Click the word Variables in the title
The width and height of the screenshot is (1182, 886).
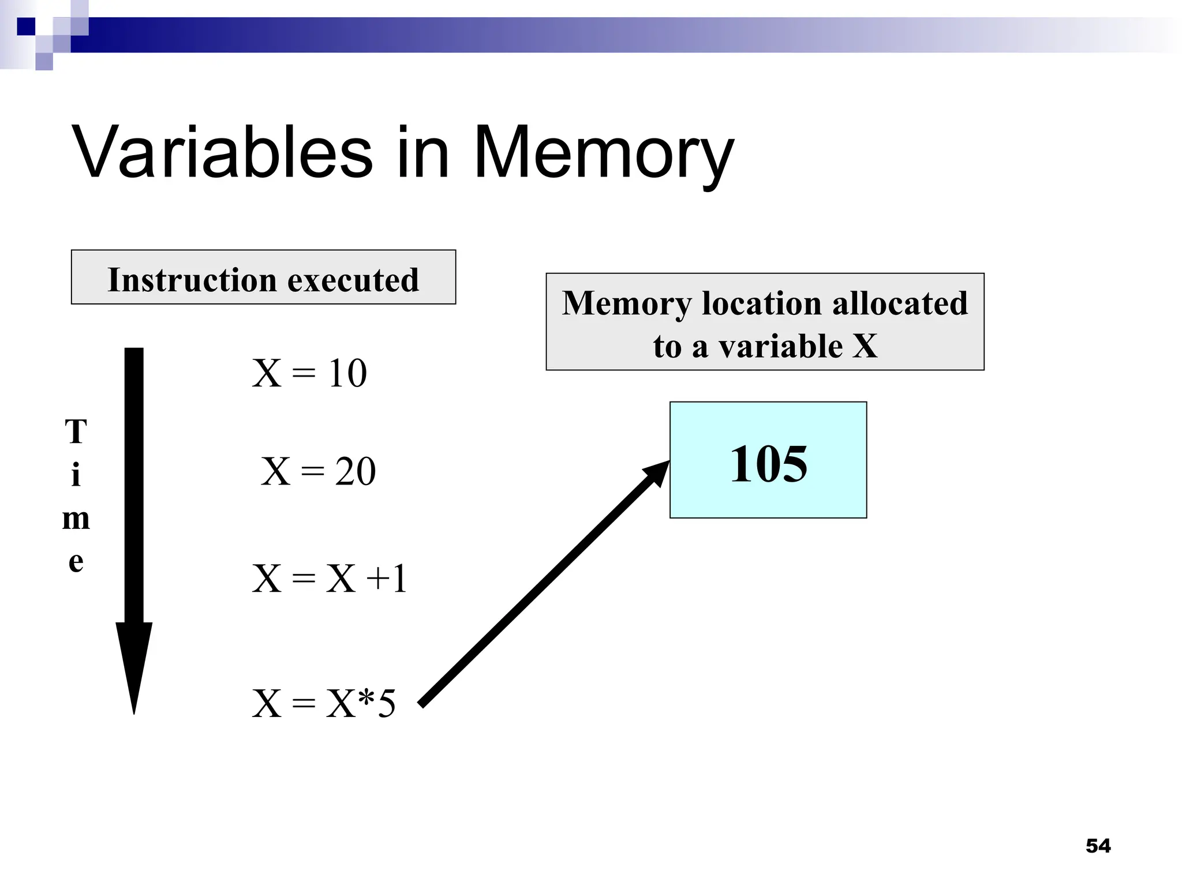point(222,152)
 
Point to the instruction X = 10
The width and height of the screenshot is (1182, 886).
point(309,373)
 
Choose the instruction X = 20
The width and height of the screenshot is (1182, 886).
point(318,471)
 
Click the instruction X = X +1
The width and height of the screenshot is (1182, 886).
point(330,579)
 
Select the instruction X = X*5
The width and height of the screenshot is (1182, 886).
point(324,703)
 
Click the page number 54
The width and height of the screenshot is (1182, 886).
point(1098,846)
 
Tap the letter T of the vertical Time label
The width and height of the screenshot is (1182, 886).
point(76,431)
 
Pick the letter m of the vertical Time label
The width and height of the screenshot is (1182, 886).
point(76,519)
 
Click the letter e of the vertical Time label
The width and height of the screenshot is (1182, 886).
point(76,561)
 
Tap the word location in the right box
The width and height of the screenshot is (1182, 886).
point(761,303)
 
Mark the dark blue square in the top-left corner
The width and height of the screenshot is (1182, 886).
point(26,27)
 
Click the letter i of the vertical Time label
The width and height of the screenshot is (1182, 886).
point(76,475)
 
